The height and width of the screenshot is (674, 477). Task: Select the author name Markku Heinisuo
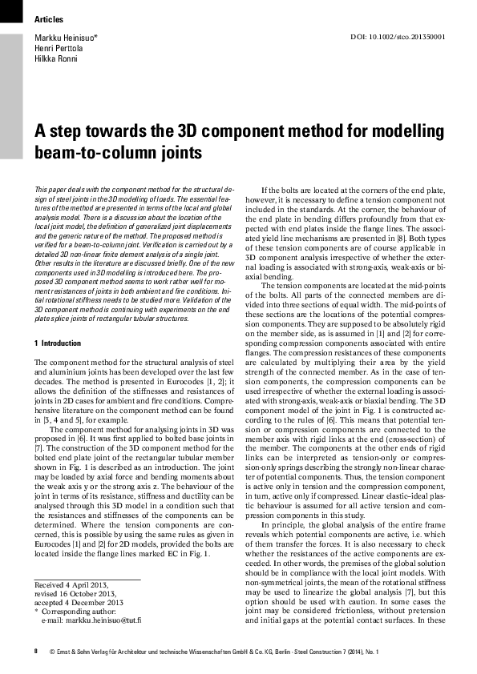click(x=65, y=38)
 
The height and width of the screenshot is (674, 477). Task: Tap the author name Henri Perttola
click(x=57, y=48)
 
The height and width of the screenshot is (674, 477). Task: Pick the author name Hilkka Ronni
click(x=54, y=58)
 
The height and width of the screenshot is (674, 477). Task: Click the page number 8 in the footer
click(x=36, y=653)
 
